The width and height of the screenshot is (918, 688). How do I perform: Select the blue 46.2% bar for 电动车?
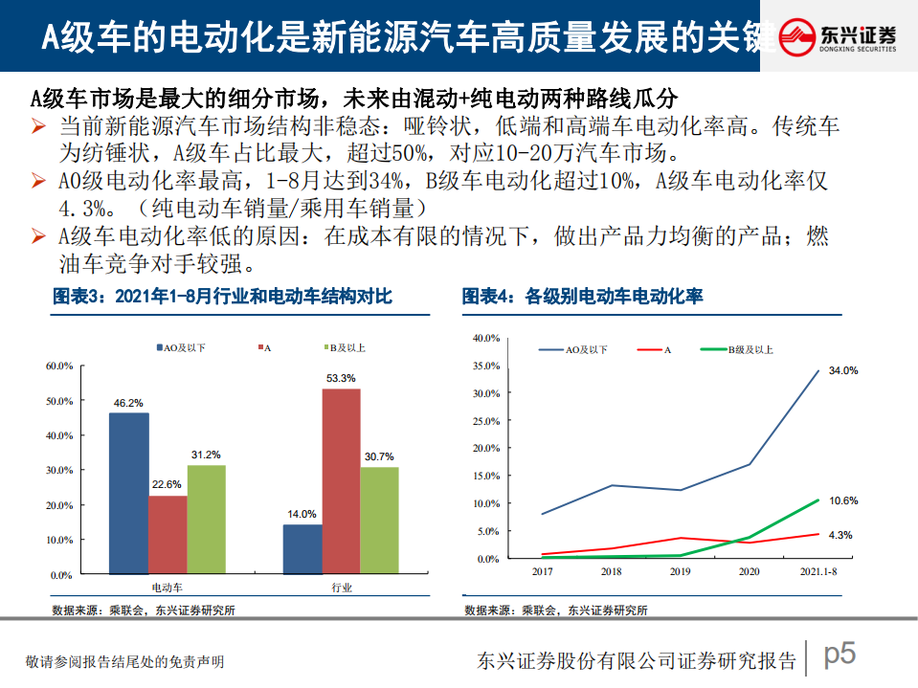[128, 494]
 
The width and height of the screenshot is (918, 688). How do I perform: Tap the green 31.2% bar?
[206, 520]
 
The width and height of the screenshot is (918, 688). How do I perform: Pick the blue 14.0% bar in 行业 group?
[302, 550]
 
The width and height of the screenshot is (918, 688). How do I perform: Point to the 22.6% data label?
[167, 485]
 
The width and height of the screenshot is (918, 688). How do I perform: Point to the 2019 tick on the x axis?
[680, 571]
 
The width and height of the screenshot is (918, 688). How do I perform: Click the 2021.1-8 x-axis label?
[817, 571]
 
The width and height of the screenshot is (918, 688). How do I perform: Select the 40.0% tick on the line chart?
[487, 339]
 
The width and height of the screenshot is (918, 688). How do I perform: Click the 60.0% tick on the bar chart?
[59, 366]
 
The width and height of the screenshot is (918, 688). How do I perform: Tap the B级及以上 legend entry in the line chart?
[742, 350]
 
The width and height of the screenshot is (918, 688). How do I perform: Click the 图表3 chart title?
[222, 298]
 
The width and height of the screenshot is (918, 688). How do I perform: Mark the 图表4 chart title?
[582, 298]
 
